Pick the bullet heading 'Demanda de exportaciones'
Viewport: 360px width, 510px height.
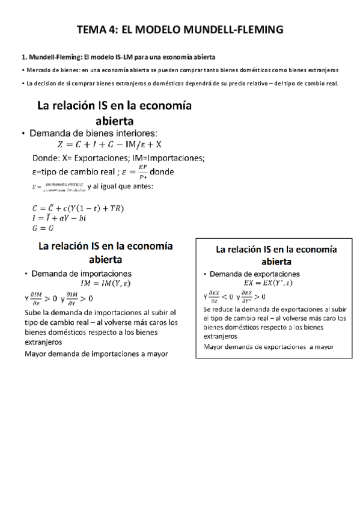coord(256,274)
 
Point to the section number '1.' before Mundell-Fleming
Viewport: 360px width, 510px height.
coord(24,58)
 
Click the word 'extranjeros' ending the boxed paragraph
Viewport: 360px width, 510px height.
coord(222,337)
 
